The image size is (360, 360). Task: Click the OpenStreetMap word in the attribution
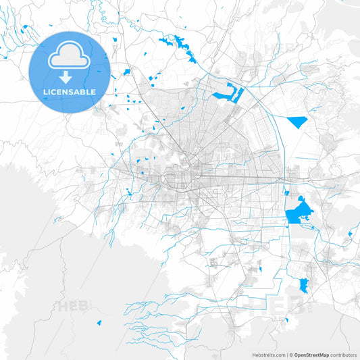[x=311, y=354]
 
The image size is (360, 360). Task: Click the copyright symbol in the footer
[x=291, y=354]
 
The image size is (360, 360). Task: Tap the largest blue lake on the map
[x=297, y=212]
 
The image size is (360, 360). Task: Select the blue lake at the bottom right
[x=303, y=285]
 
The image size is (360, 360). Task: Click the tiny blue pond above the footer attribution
[x=286, y=319]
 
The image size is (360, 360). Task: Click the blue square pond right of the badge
[x=126, y=72]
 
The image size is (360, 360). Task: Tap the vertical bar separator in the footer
[x=287, y=354]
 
